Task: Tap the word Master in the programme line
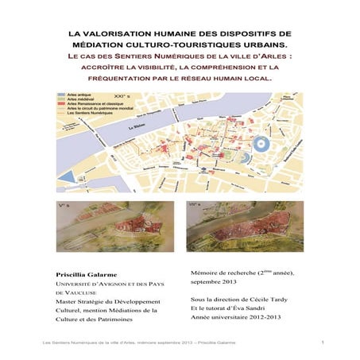[65, 302]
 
